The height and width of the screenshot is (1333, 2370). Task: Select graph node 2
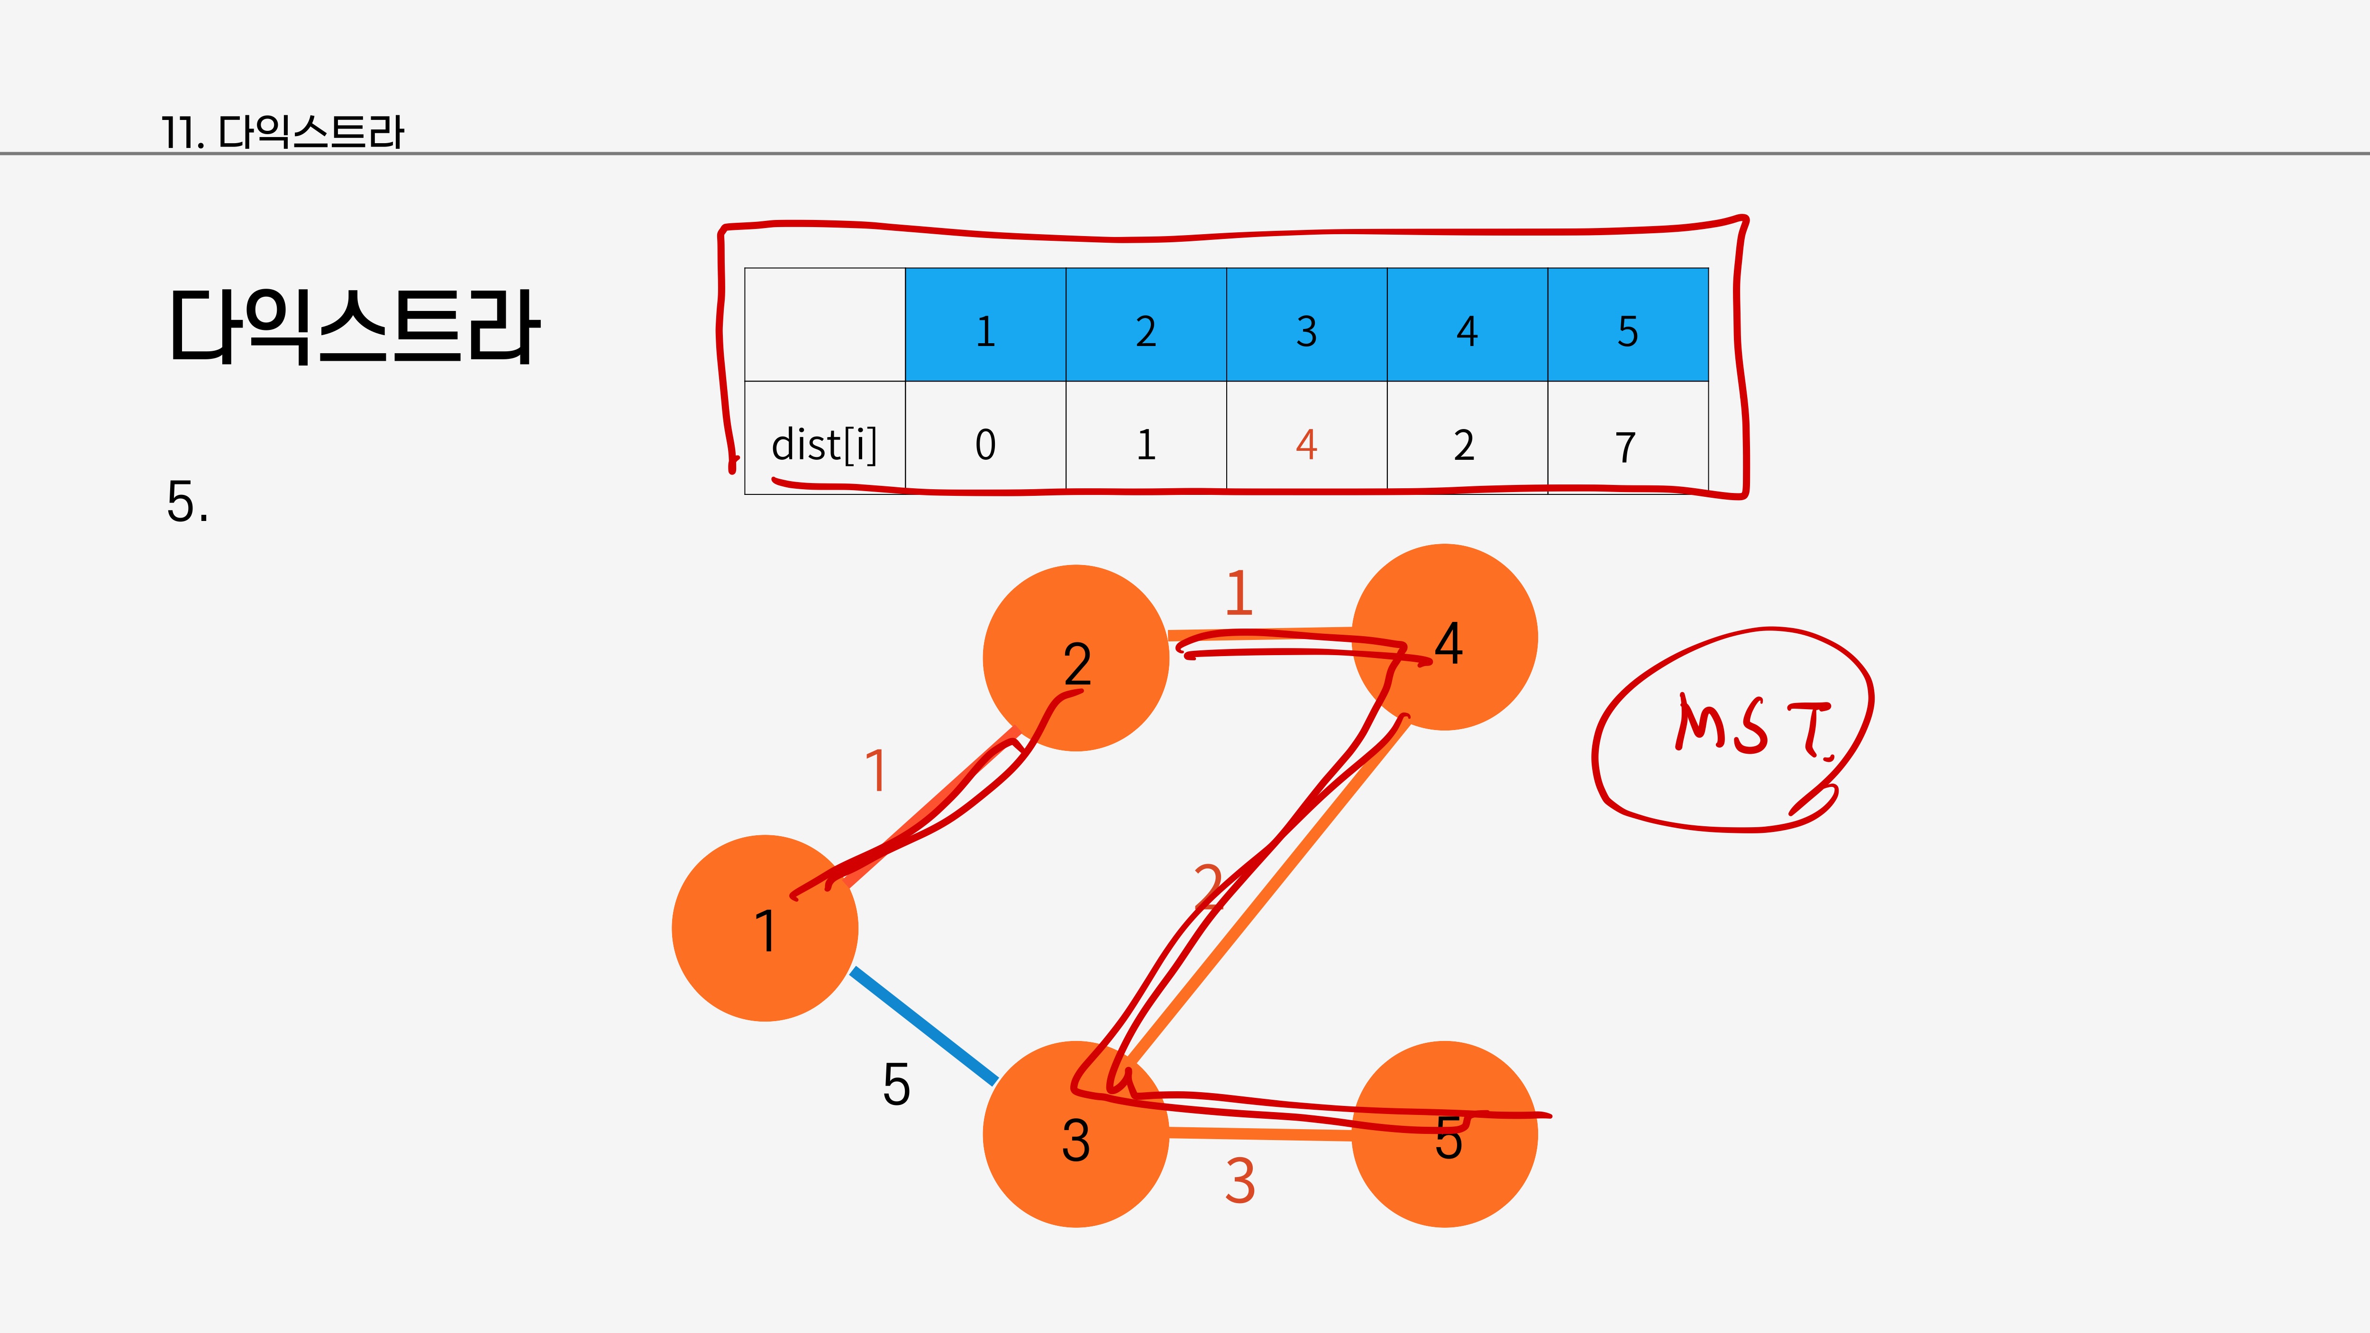(x=1076, y=659)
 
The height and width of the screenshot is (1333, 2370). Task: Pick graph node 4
(x=1444, y=638)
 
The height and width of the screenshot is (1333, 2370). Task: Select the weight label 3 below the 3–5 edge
(x=1240, y=1181)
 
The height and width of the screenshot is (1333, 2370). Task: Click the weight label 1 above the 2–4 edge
(x=1240, y=593)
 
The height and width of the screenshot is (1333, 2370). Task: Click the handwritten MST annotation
(x=1753, y=727)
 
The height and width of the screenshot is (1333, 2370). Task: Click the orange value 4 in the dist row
(x=1306, y=445)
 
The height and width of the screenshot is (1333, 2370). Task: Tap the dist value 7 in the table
(x=1627, y=447)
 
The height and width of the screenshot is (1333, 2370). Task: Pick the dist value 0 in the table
(x=985, y=445)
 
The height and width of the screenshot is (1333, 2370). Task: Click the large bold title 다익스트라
(x=354, y=327)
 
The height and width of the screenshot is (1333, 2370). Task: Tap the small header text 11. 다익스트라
(x=283, y=132)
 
